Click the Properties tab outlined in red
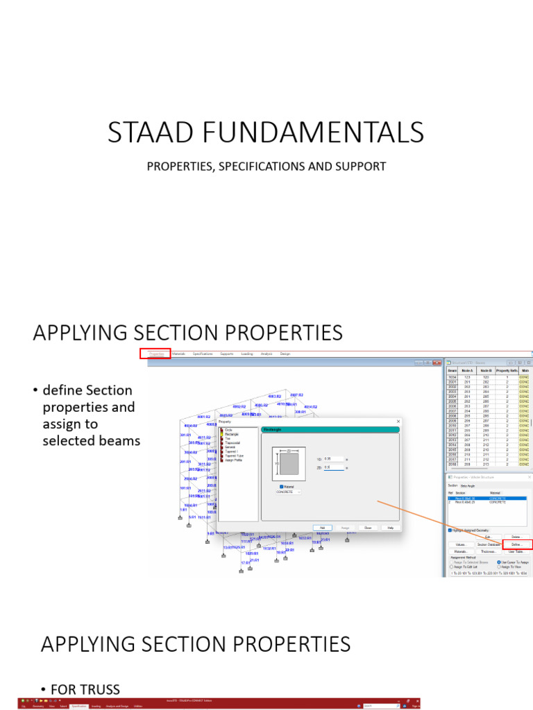(x=155, y=354)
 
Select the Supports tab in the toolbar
(x=226, y=354)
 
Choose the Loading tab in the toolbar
(x=246, y=354)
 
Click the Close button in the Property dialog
(x=368, y=528)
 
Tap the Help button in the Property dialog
(x=390, y=528)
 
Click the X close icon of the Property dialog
(x=398, y=421)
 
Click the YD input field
(x=333, y=459)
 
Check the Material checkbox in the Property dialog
(x=282, y=487)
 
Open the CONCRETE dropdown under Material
(x=289, y=492)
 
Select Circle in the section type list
(x=228, y=430)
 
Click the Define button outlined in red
(x=517, y=545)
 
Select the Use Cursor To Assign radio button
(x=499, y=562)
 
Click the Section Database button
(x=488, y=545)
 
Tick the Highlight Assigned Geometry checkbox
(x=450, y=530)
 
